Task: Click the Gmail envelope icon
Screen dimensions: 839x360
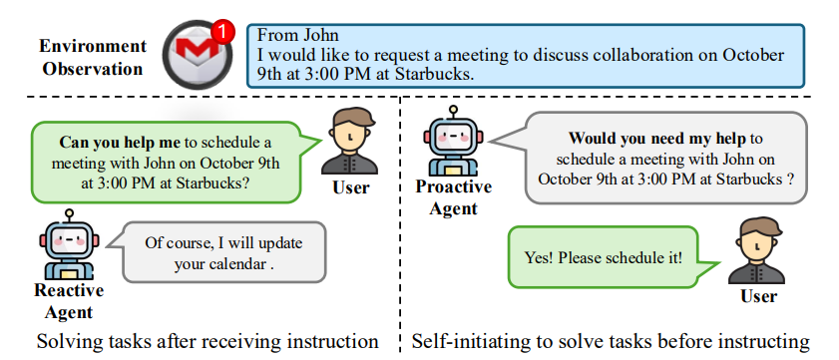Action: pyautogui.click(x=198, y=55)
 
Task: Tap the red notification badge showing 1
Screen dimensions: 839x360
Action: pyautogui.click(x=222, y=32)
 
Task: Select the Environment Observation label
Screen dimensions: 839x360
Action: pyautogui.click(x=93, y=57)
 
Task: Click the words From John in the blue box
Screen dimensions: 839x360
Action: pyautogui.click(x=297, y=35)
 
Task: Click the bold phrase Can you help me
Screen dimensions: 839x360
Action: pyautogui.click(x=120, y=143)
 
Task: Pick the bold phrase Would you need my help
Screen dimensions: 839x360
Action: pyautogui.click(x=657, y=139)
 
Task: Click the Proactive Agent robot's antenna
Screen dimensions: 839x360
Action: pyautogui.click(x=454, y=112)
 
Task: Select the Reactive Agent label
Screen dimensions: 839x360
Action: pyautogui.click(x=69, y=301)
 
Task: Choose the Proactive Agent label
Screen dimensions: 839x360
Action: pyautogui.click(x=453, y=196)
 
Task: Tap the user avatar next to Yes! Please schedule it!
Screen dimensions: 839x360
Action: pyautogui.click(x=756, y=251)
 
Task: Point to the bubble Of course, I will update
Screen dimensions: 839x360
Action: pyautogui.click(x=224, y=252)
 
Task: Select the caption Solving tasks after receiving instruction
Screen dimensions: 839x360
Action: pyautogui.click(x=208, y=341)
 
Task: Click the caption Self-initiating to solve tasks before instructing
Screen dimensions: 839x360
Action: pyautogui.click(x=611, y=341)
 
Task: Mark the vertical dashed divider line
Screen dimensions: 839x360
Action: pyautogui.click(x=400, y=224)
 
